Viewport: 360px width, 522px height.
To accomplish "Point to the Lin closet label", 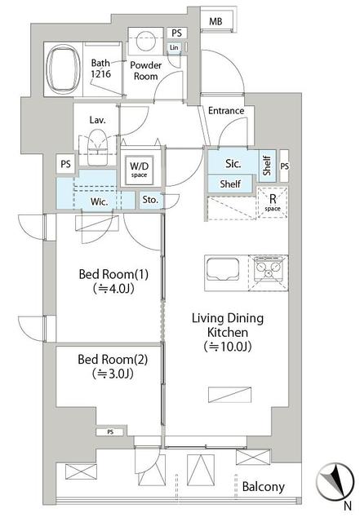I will click(175, 48).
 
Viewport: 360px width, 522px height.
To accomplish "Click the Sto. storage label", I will click(151, 199).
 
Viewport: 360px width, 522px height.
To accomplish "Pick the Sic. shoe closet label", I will click(232, 163).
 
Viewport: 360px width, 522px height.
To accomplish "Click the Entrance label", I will click(225, 111).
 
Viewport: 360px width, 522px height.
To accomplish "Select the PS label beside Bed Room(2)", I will click(110, 431).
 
